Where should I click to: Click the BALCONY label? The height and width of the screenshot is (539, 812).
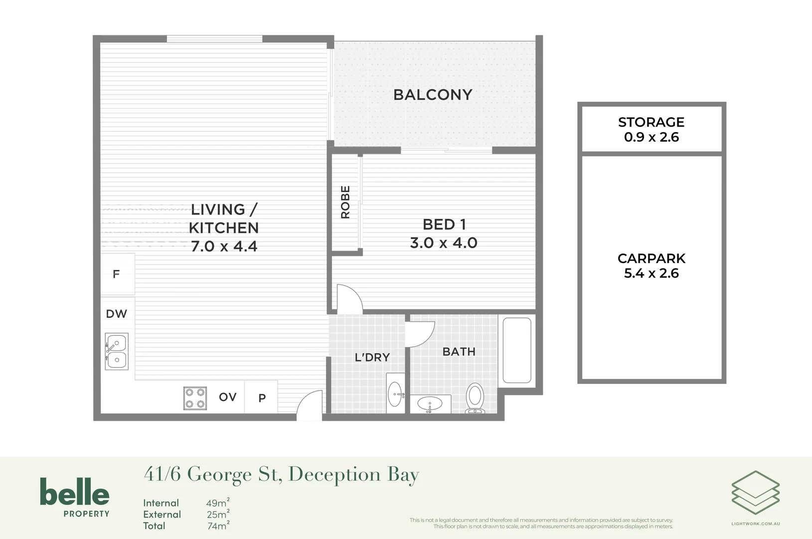coord(433,95)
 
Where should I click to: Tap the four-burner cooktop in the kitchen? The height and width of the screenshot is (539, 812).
coord(195,398)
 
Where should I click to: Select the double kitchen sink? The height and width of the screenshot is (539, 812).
coord(117,351)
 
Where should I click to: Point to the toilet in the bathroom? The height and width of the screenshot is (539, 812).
coord(475,398)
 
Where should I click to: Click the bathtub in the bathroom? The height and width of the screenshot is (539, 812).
coord(517,350)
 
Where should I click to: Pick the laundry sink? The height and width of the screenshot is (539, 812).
coord(395,393)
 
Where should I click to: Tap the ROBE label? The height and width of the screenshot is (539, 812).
coord(345,202)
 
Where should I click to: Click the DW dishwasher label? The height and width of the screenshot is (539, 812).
coord(116,313)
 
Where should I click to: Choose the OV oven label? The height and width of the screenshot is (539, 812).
coord(228,397)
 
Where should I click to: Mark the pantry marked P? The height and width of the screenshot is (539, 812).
coord(261,397)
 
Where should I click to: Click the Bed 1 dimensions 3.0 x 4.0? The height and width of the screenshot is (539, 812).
coord(444,243)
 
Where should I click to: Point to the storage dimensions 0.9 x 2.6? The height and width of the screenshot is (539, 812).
coord(651,137)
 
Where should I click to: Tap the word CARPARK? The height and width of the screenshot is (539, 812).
coord(651,259)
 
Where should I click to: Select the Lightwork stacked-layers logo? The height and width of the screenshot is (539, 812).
coord(756,493)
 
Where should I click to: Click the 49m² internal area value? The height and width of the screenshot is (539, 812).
coord(218,503)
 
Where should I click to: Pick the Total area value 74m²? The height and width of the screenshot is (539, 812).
coord(219,526)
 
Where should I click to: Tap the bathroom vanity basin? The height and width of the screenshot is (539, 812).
coord(430,404)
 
